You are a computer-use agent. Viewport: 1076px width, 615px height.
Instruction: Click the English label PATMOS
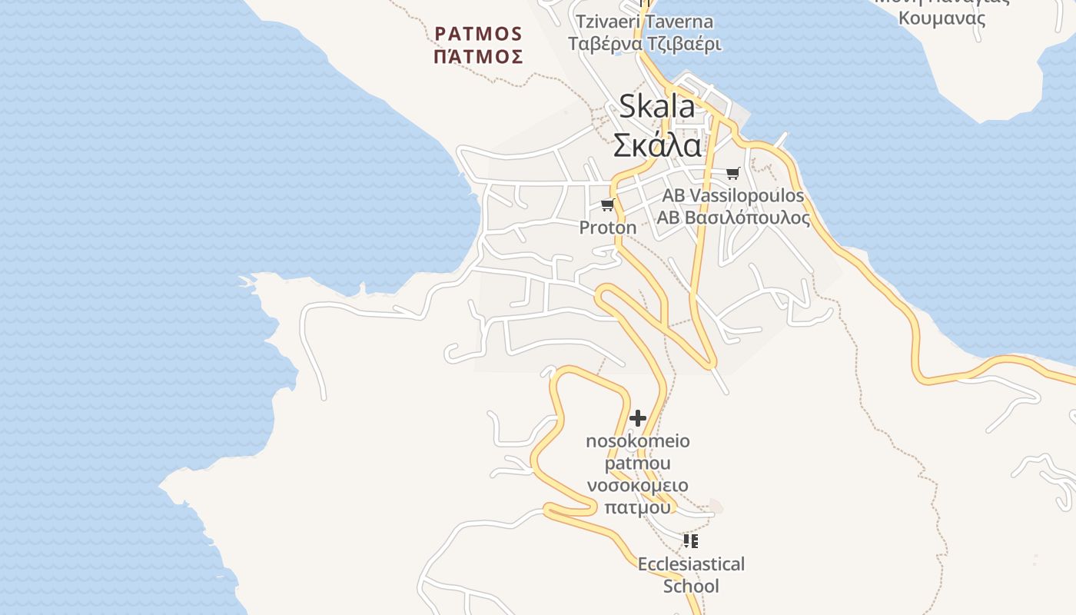(478, 34)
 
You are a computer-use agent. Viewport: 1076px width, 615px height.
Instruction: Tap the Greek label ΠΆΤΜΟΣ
(478, 56)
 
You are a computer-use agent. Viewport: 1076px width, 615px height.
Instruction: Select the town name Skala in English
(656, 107)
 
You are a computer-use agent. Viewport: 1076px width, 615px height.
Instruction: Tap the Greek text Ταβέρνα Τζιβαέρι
(644, 44)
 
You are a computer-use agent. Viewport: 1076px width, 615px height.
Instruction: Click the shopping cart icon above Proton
(608, 204)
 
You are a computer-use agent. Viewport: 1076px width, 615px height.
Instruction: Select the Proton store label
(608, 228)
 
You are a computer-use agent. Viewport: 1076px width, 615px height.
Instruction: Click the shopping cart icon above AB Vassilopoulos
(732, 173)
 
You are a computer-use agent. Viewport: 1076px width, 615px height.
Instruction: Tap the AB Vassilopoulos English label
(732, 195)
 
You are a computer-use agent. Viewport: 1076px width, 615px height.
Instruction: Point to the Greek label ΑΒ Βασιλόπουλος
(732, 218)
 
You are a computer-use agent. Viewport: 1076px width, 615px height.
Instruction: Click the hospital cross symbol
(638, 418)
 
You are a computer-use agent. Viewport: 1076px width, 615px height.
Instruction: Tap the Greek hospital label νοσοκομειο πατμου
(638, 497)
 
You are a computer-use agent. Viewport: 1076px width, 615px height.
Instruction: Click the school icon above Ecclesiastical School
(691, 541)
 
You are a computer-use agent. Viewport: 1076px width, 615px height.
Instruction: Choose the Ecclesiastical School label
(691, 575)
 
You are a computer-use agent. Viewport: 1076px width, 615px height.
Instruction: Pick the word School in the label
(691, 587)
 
